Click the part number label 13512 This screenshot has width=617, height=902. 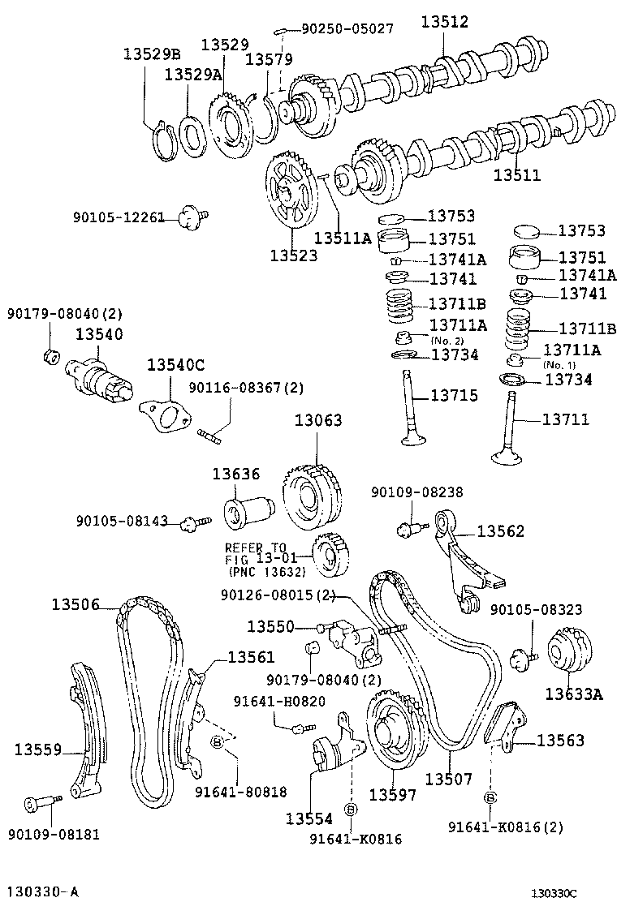click(444, 24)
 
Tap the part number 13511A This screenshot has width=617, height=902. click(342, 238)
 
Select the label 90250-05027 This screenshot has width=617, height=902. click(347, 28)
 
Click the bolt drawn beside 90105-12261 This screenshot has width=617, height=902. click(191, 216)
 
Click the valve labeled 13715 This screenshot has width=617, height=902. click(411, 410)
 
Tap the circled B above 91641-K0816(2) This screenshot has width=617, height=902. click(490, 797)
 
